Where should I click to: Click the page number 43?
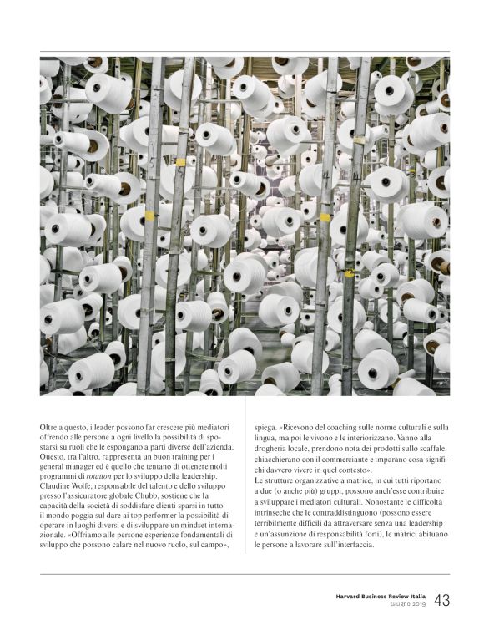pos(442,600)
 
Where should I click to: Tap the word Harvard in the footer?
pos(342,596)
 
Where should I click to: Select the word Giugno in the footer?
pos(402,604)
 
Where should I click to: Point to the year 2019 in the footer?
pos(420,604)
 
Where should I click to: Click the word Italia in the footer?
pos(416,596)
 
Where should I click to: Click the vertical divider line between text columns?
pos(243,485)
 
